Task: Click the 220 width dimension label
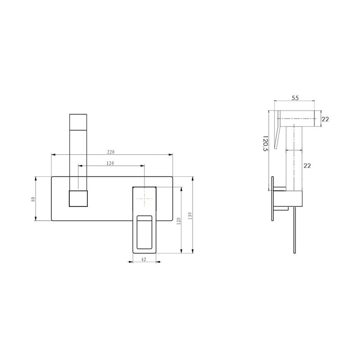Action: pos(111,152)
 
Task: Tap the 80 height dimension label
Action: pos(33,199)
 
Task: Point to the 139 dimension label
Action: pos(190,216)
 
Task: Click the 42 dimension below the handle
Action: pos(144,259)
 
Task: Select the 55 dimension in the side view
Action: pos(295,98)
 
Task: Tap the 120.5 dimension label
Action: pos(265,143)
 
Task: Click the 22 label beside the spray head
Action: pos(325,119)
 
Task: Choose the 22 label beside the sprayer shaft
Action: pos(307,166)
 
